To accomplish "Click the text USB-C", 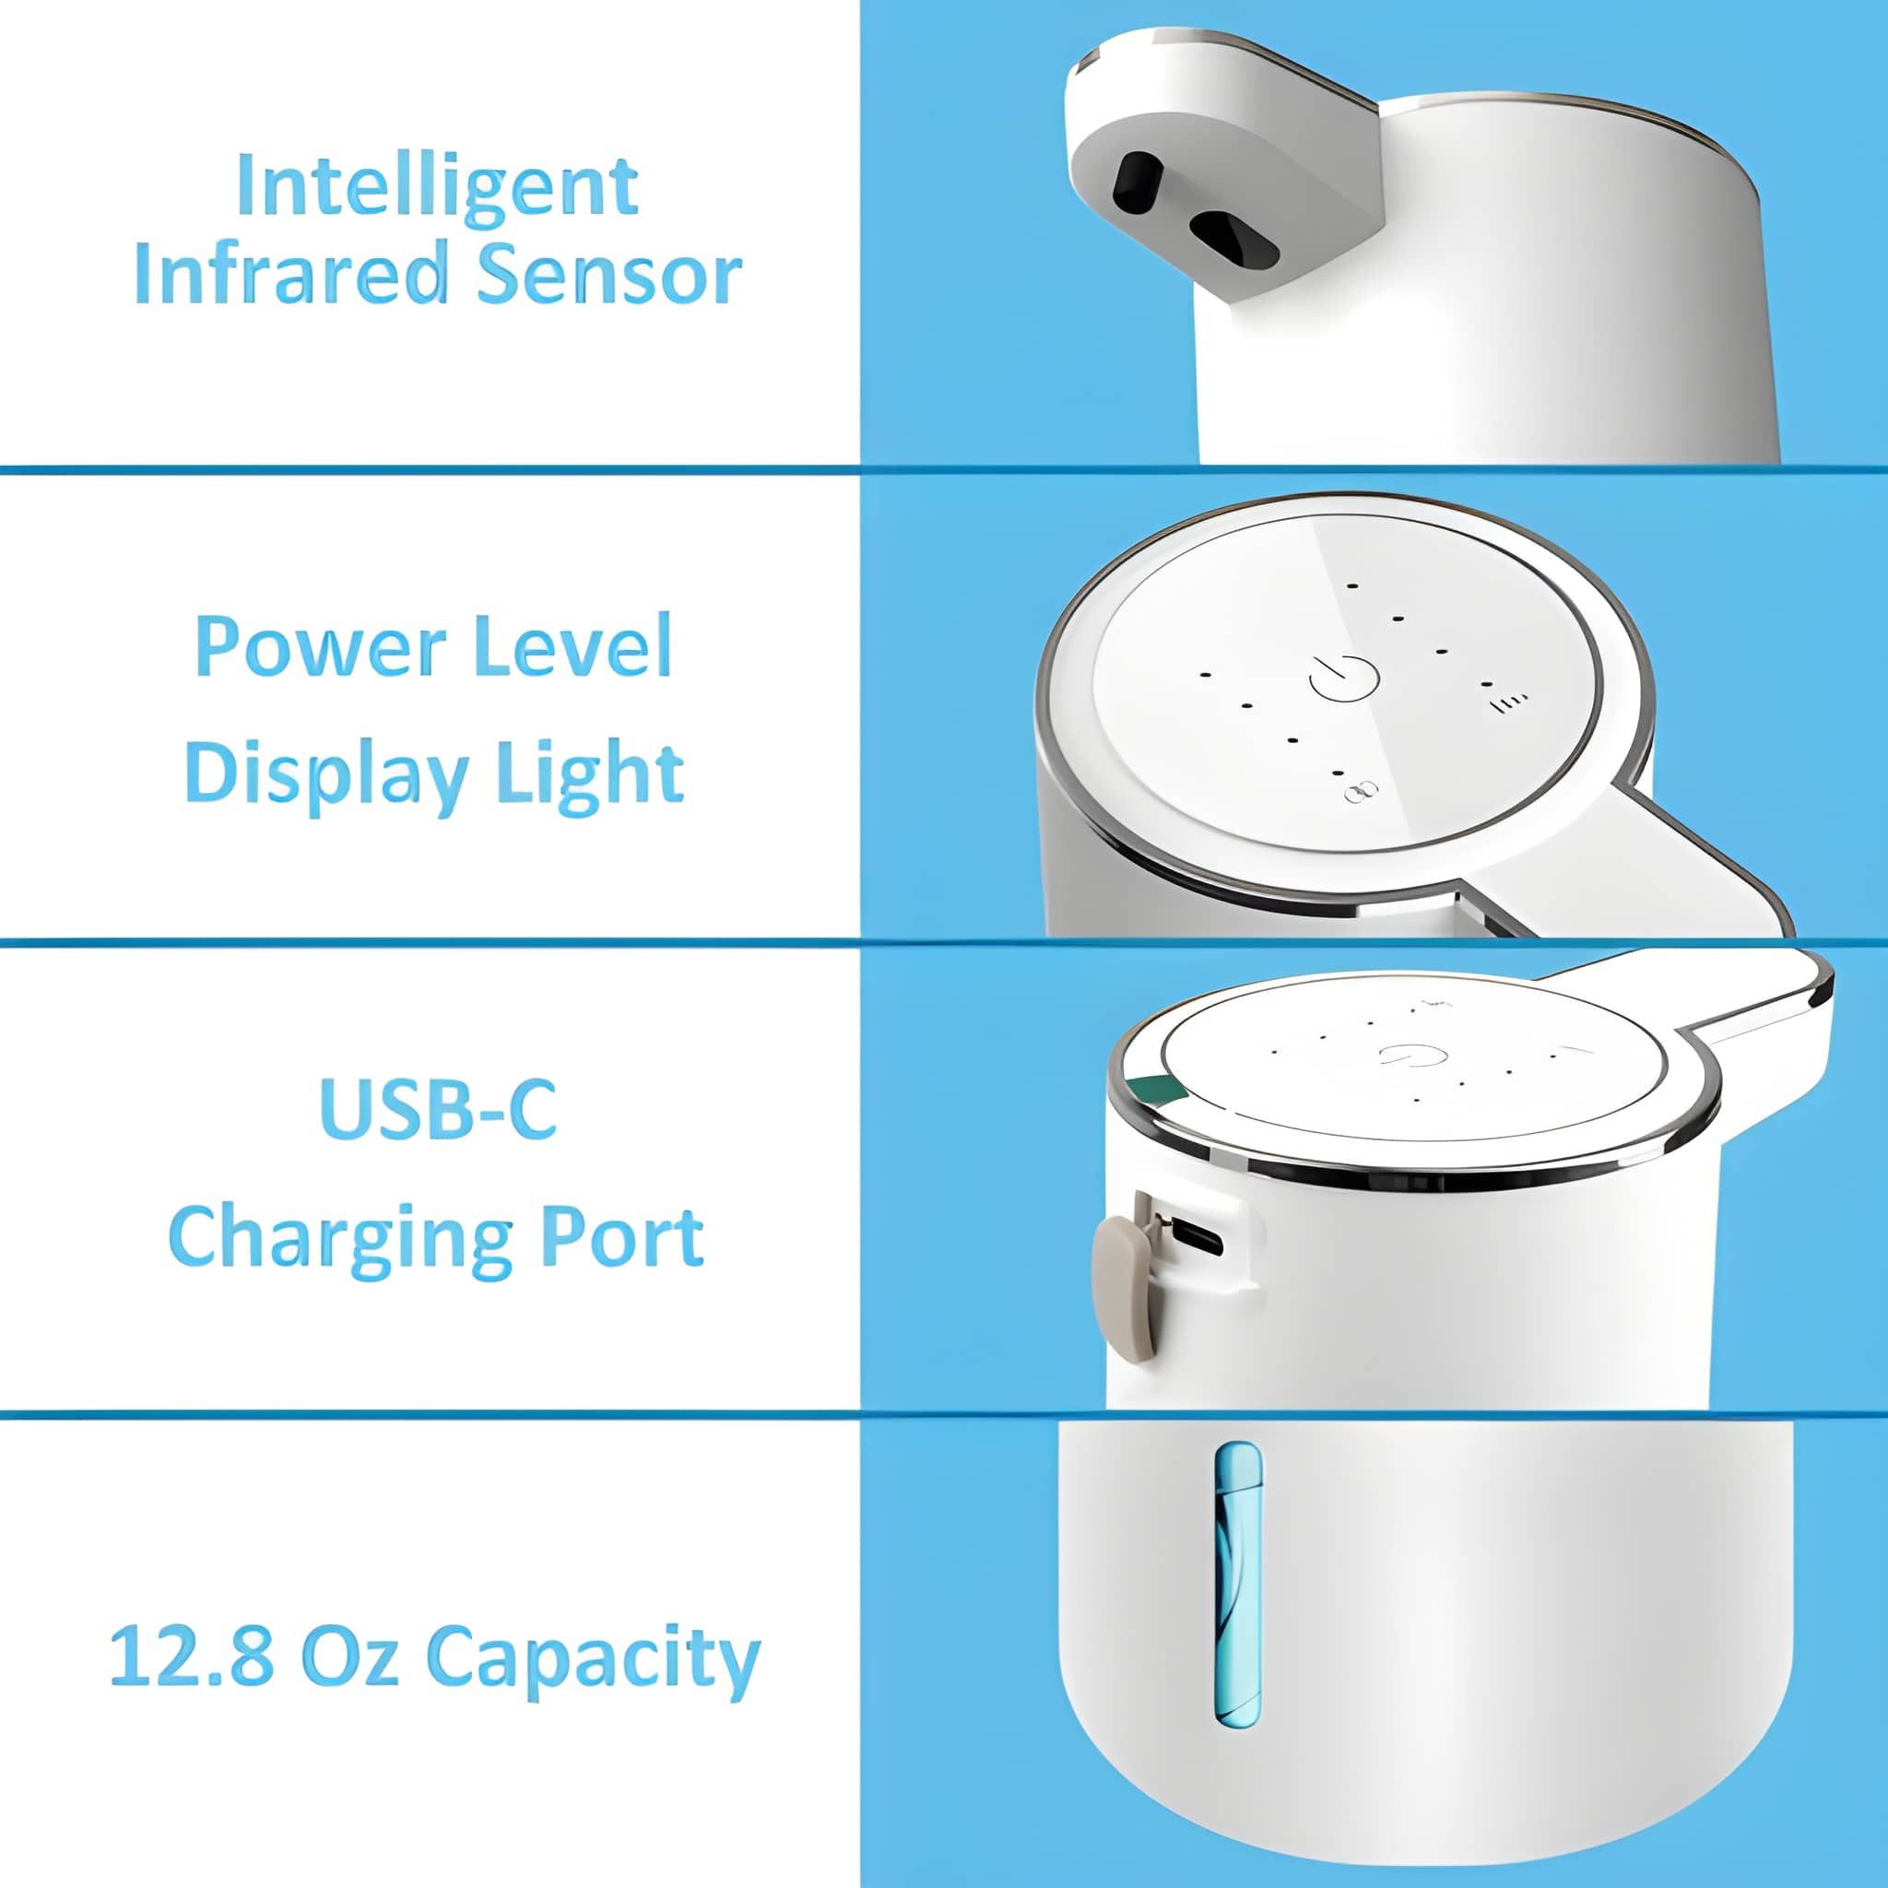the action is point(438,1109).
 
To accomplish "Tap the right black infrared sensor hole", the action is point(1233,239).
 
